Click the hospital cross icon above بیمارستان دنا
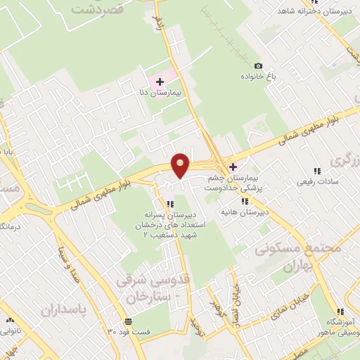[x=159, y=82]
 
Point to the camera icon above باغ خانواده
[x=257, y=65]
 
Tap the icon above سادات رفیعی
[x=318, y=171]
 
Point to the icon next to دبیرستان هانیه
[x=244, y=201]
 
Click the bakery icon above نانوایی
[x=8, y=317]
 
